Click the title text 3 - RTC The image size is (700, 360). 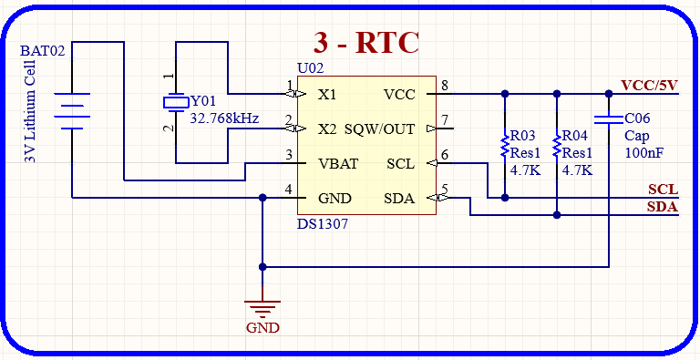pos(365,43)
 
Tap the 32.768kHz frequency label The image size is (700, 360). pos(223,118)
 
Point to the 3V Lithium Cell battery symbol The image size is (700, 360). pos(72,109)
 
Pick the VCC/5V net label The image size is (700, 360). pos(650,86)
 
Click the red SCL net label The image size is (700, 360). pos(663,190)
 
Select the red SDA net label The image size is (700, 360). pos(663,207)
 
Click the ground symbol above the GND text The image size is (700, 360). pos(262,308)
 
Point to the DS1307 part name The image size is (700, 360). pos(322,223)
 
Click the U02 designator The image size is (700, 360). pos(310,68)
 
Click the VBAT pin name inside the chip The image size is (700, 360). pos(337,164)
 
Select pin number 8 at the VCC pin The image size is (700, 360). pos(445,87)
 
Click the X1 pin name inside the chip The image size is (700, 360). pos(327,94)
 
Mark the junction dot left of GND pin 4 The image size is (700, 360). pos(262,198)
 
